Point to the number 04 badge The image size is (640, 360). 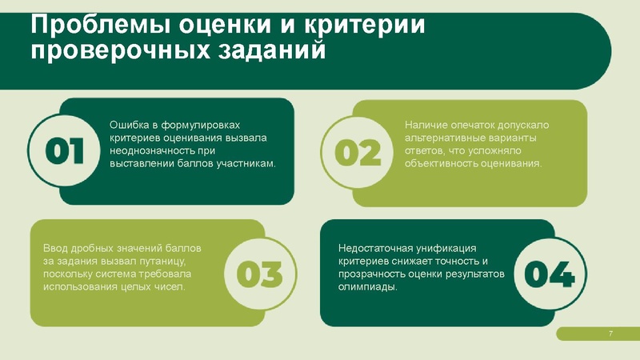coord(550,274)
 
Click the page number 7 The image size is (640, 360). coord(610,334)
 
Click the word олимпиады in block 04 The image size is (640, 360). coord(366,286)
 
